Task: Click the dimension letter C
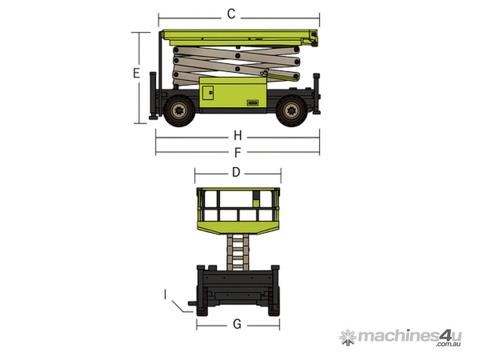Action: point(231,14)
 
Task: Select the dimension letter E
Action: point(136,74)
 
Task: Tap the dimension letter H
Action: point(238,135)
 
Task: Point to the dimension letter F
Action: point(238,153)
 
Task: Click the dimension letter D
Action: point(236,172)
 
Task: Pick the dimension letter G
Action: point(237,324)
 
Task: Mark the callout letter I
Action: point(165,295)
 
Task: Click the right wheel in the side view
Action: point(291,110)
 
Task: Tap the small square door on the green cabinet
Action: point(208,92)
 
